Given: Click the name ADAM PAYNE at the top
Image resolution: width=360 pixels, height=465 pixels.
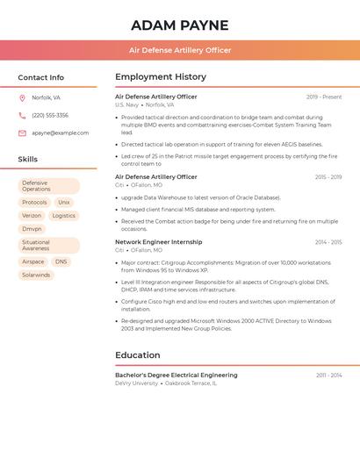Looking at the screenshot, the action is point(179,25).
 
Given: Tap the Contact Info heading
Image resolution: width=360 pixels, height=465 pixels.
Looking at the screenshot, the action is point(40,77).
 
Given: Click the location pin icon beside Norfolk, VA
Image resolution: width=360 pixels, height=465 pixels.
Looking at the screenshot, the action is point(22,97).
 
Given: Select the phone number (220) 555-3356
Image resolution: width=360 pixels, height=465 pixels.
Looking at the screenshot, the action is point(50,115).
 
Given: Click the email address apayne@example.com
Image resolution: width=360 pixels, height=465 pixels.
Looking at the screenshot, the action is point(61,132).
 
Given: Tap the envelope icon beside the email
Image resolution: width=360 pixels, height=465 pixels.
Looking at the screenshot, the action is point(22,133).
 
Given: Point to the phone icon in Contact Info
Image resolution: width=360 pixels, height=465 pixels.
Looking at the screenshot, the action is point(22,115).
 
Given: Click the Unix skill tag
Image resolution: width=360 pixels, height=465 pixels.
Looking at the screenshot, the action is point(64,202).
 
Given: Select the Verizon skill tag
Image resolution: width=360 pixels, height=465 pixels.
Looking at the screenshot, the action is point(32,215).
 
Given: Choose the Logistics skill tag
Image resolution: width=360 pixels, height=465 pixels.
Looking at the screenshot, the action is point(64,215).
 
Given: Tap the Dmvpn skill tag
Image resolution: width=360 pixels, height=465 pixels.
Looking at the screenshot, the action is point(32,229).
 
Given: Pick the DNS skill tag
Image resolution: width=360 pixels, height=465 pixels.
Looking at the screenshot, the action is point(61,261).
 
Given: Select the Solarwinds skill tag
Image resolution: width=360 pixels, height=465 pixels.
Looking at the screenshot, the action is point(36,275).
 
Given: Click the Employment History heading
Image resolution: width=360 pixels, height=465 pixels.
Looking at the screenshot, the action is point(161,76).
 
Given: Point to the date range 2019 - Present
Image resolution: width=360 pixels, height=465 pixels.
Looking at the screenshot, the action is point(324,97).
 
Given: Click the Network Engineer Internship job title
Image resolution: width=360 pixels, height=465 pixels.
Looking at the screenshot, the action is point(158,241).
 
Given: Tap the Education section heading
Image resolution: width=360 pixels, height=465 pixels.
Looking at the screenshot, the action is point(138,354).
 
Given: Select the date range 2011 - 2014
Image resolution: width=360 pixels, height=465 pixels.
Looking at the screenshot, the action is point(329,375).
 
